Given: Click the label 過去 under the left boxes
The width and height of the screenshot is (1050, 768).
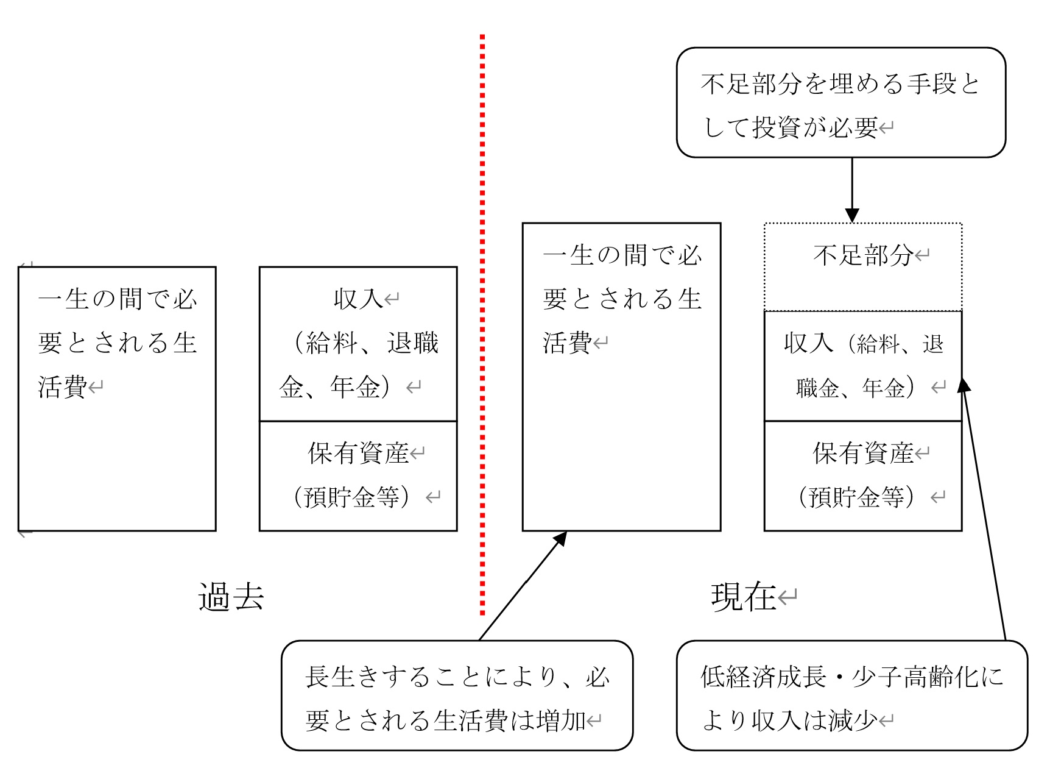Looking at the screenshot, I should pyautogui.click(x=231, y=597).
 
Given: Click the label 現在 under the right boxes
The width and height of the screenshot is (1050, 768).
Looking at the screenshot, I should pyautogui.click(x=743, y=597).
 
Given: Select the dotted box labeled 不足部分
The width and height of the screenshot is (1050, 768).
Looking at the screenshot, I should pyautogui.click(x=863, y=267).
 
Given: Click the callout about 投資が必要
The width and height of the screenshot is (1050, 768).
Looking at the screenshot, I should pyautogui.click(x=840, y=102).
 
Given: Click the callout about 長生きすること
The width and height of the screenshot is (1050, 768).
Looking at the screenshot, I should pyautogui.click(x=457, y=695).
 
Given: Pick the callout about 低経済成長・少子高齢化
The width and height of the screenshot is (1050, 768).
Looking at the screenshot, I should pyautogui.click(x=851, y=695).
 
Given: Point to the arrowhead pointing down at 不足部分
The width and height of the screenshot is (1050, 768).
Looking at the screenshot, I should pyautogui.click(x=852, y=216).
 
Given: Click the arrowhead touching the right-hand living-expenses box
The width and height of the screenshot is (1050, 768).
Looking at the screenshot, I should pyautogui.click(x=560, y=539).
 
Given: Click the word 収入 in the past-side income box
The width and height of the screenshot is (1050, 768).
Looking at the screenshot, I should pyautogui.click(x=358, y=299).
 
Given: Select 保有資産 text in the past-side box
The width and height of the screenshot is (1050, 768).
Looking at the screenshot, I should pyautogui.click(x=358, y=453).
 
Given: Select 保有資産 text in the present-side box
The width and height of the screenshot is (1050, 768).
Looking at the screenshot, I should pyautogui.click(x=863, y=453).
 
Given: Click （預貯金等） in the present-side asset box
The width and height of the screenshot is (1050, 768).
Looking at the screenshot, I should pyautogui.click(x=856, y=497).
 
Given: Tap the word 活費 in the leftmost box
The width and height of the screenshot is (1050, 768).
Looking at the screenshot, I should pyautogui.click(x=62, y=386).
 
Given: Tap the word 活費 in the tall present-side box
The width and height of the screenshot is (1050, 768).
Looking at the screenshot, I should pyautogui.click(x=567, y=343).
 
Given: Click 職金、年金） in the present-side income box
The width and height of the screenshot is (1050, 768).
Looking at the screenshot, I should pyautogui.click(x=856, y=387).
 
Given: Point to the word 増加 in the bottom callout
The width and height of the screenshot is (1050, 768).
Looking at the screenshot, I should pyautogui.click(x=562, y=721).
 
